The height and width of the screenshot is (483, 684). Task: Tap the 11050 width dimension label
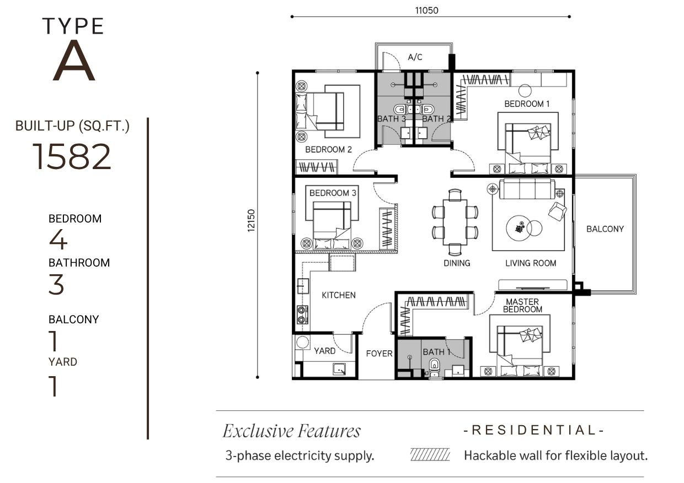pos(426,10)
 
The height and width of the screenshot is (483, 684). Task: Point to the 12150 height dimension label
pos(251,220)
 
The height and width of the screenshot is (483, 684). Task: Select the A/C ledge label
pos(415,57)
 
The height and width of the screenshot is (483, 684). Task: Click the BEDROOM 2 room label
pos(329,149)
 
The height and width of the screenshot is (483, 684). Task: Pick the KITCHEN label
pos(339,295)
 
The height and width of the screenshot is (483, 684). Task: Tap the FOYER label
pos(380,354)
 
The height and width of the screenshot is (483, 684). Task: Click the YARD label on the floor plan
pos(324,351)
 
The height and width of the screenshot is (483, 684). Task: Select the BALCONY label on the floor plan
pos(605,229)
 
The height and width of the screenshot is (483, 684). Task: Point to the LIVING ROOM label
pos(531,263)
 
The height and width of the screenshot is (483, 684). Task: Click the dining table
pos(455,222)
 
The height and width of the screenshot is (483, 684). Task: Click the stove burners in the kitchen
pos(302,315)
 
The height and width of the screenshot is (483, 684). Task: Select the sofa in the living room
pos(527,189)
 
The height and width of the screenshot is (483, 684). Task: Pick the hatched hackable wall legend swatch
pos(430,454)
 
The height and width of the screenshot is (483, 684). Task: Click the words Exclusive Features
pos(292,431)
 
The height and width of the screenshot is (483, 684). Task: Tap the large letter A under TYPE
pos(74,61)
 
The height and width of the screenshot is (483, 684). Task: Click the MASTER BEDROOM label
pos(522,306)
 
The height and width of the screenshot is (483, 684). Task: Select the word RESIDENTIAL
pos(533,430)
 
